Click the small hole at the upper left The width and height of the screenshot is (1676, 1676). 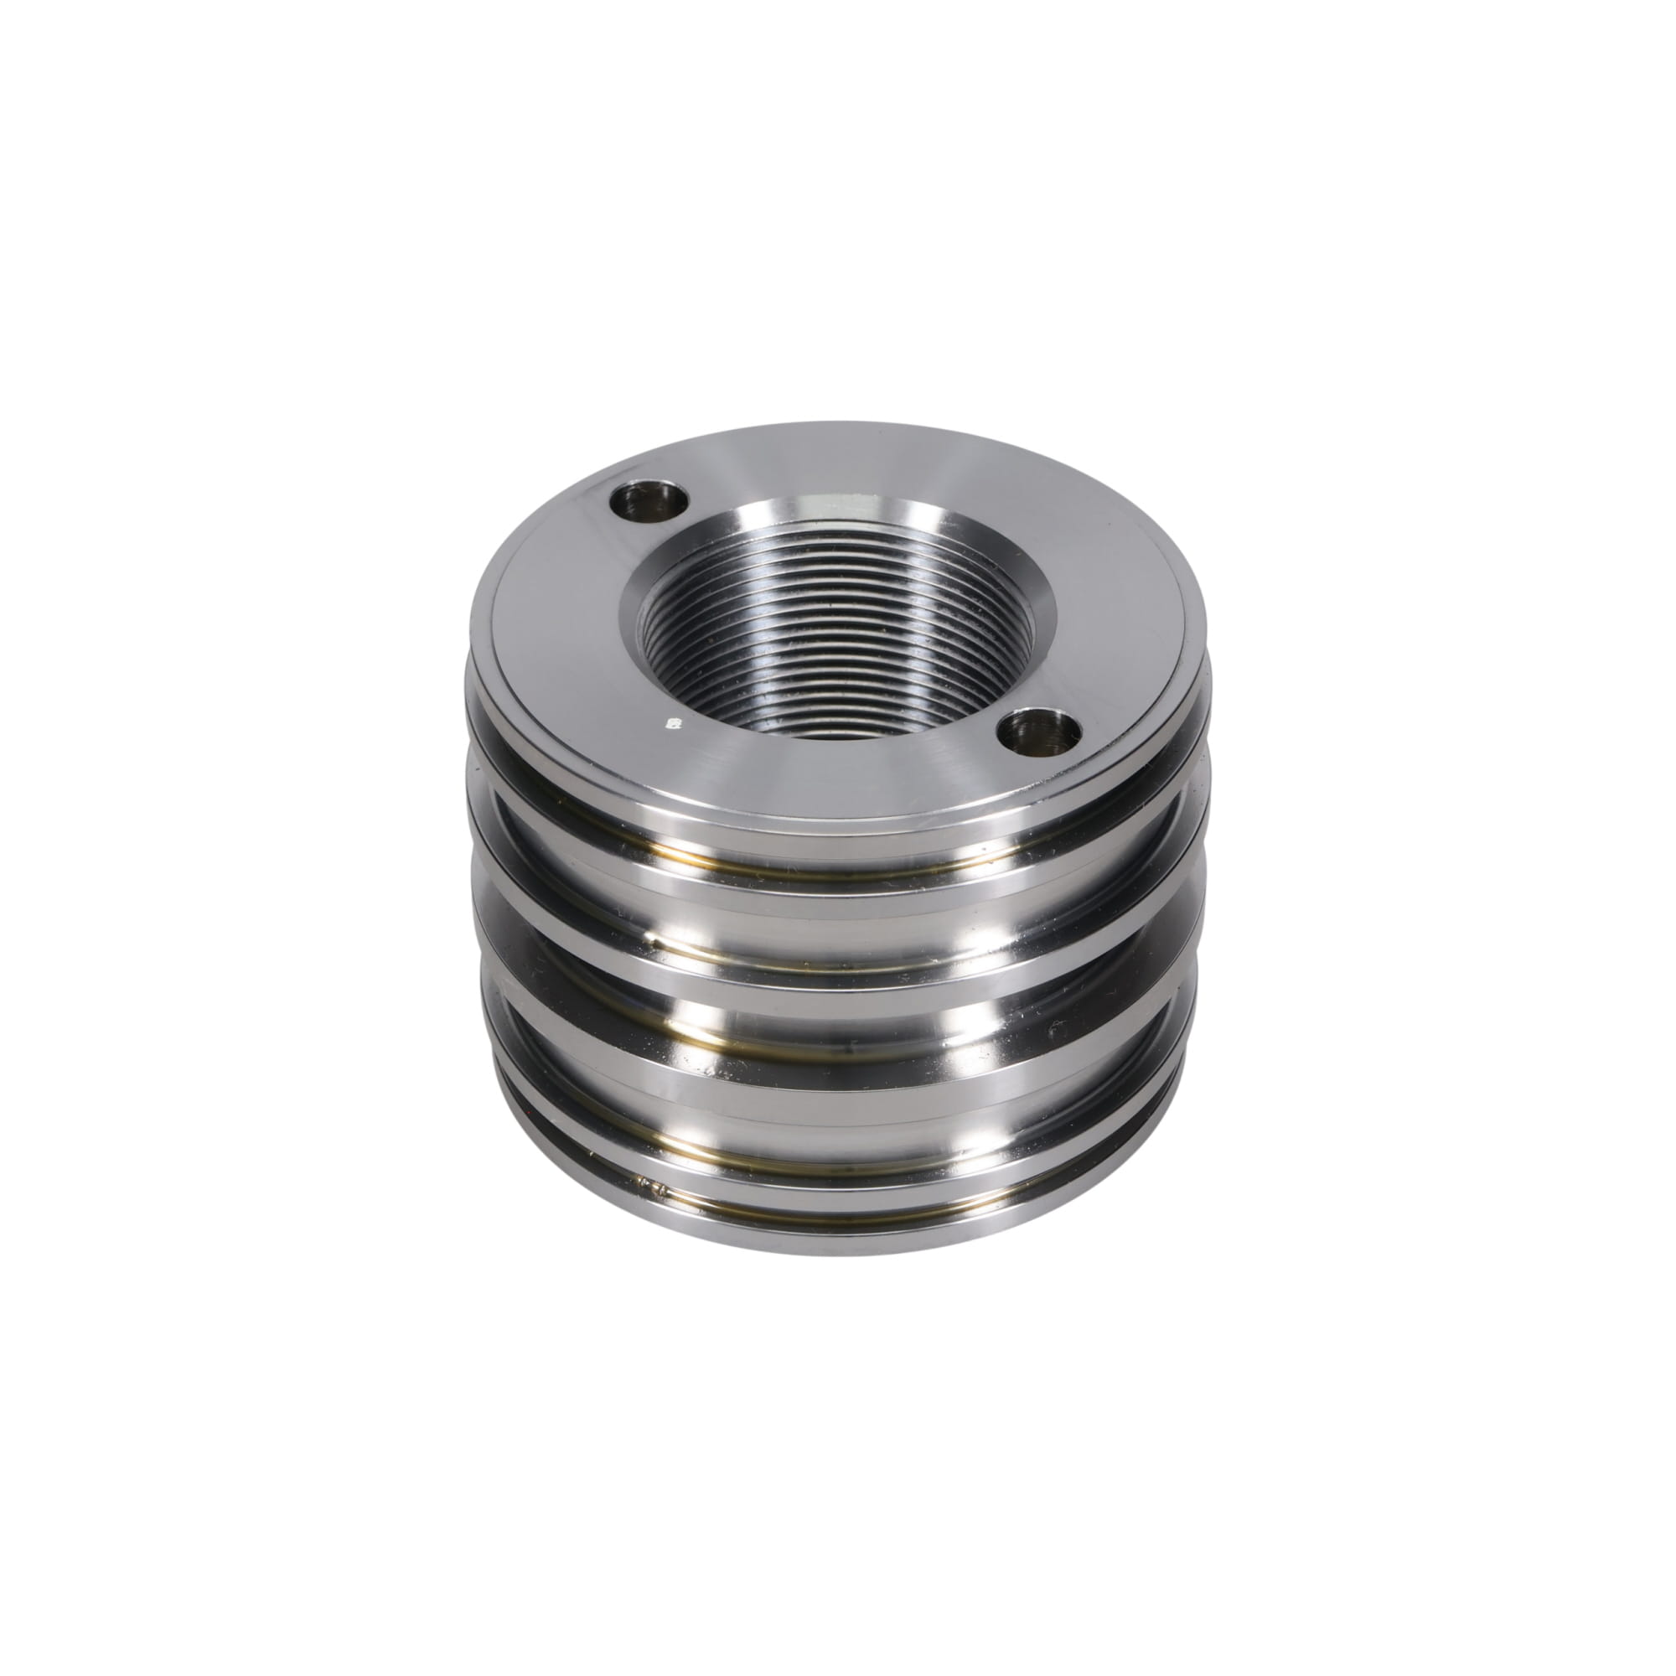[649, 502]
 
